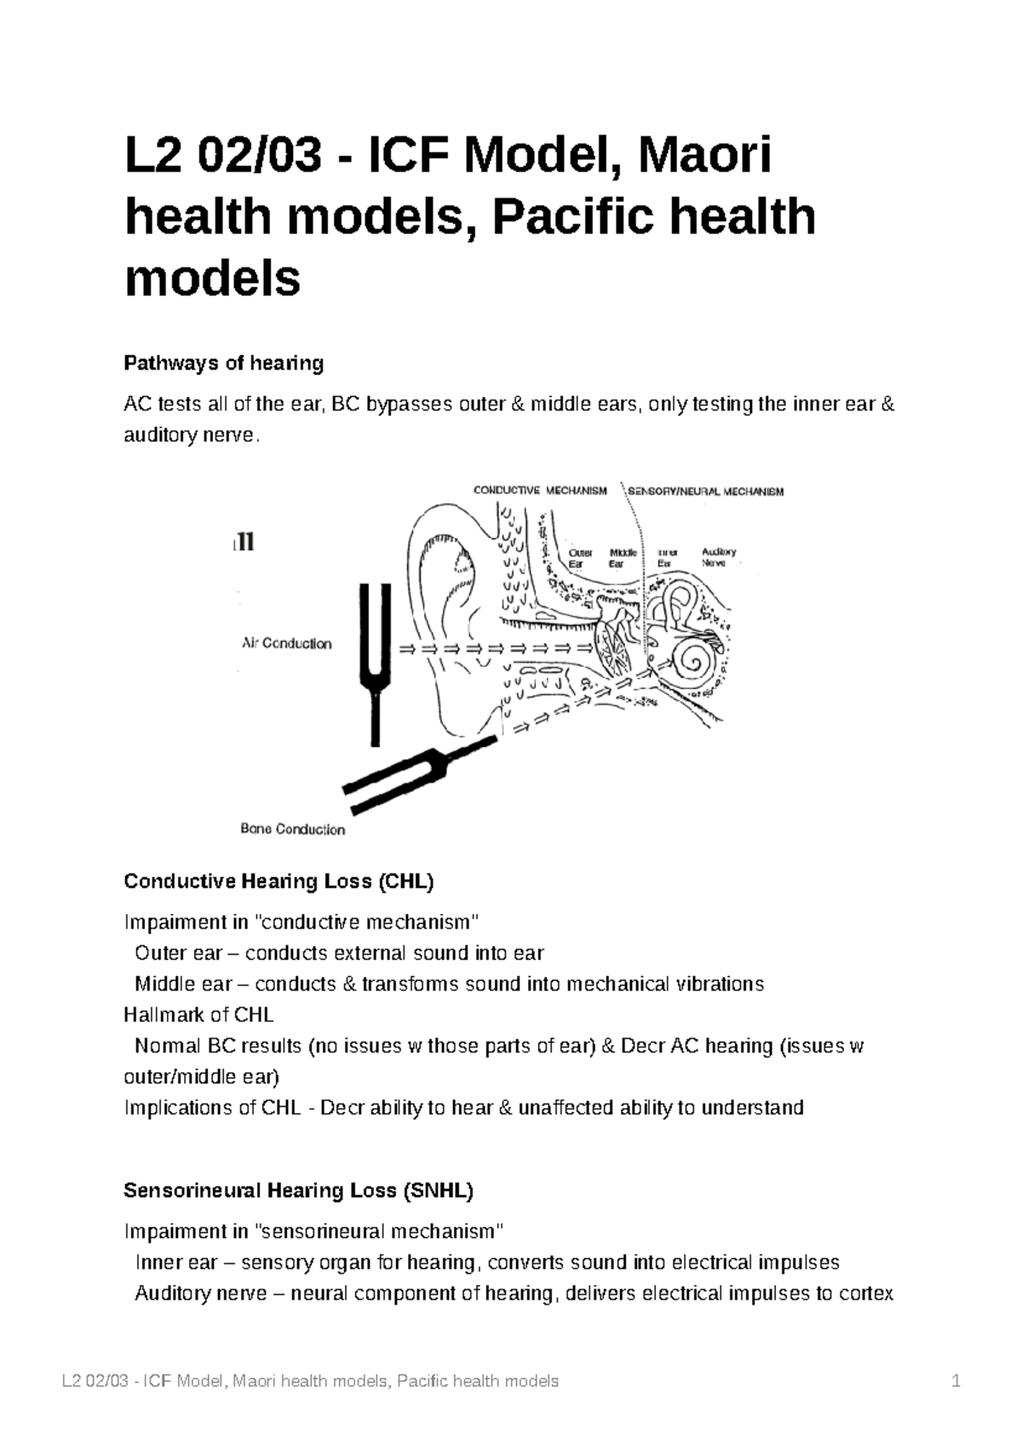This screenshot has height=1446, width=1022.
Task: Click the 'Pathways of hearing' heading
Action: (x=224, y=364)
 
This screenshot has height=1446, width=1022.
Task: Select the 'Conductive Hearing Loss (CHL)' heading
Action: (x=278, y=881)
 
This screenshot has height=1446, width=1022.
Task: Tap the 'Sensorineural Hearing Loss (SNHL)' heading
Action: (x=298, y=1191)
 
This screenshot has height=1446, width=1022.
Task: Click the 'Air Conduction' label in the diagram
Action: (x=287, y=644)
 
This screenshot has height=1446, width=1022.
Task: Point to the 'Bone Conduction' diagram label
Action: (x=292, y=829)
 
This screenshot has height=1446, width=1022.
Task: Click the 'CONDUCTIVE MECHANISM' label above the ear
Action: (x=540, y=491)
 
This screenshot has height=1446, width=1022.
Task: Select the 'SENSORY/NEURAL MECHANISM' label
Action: (x=705, y=491)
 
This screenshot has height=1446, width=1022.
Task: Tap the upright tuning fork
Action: (x=375, y=656)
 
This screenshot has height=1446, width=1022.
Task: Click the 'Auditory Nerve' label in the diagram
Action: (x=718, y=558)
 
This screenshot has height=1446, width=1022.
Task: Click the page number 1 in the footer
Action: (x=956, y=1381)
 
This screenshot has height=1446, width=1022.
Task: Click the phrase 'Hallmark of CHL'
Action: (x=198, y=1015)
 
